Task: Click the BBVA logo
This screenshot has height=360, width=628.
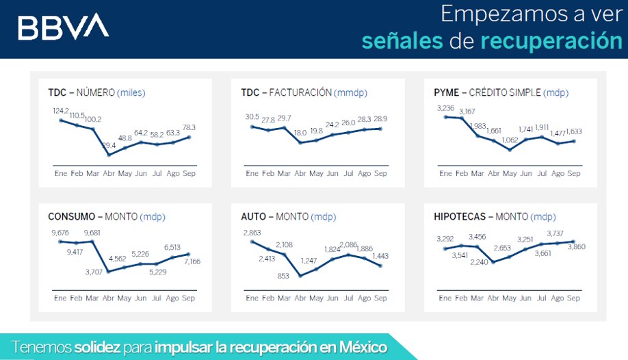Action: tap(64, 27)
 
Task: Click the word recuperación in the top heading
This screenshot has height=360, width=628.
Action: tap(551, 41)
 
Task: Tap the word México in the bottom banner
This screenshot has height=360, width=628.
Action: tap(363, 347)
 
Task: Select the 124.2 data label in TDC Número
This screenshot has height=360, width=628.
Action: tap(61, 111)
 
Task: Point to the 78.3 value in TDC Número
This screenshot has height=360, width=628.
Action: tap(189, 127)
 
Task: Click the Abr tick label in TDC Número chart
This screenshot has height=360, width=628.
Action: tap(109, 174)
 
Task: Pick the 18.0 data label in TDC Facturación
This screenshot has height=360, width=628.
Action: tap(300, 133)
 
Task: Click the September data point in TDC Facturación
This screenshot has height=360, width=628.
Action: tap(380, 129)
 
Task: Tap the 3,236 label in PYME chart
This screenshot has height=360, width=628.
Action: tap(446, 108)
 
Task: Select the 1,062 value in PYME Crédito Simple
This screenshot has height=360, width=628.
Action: tap(510, 140)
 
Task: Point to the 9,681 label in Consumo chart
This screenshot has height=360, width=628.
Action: tap(92, 233)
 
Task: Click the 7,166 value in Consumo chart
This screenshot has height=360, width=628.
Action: tap(192, 261)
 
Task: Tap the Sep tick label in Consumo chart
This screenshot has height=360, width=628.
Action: tap(188, 298)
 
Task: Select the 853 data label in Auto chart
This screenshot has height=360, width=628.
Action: tap(283, 277)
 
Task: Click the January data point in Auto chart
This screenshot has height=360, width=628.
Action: tap(252, 242)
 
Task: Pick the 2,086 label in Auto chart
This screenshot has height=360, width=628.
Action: tap(348, 245)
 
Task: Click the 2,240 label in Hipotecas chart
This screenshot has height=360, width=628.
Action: tap(479, 262)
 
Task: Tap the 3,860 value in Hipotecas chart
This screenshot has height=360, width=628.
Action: tap(577, 247)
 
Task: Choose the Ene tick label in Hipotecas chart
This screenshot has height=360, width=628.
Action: tap(445, 298)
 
